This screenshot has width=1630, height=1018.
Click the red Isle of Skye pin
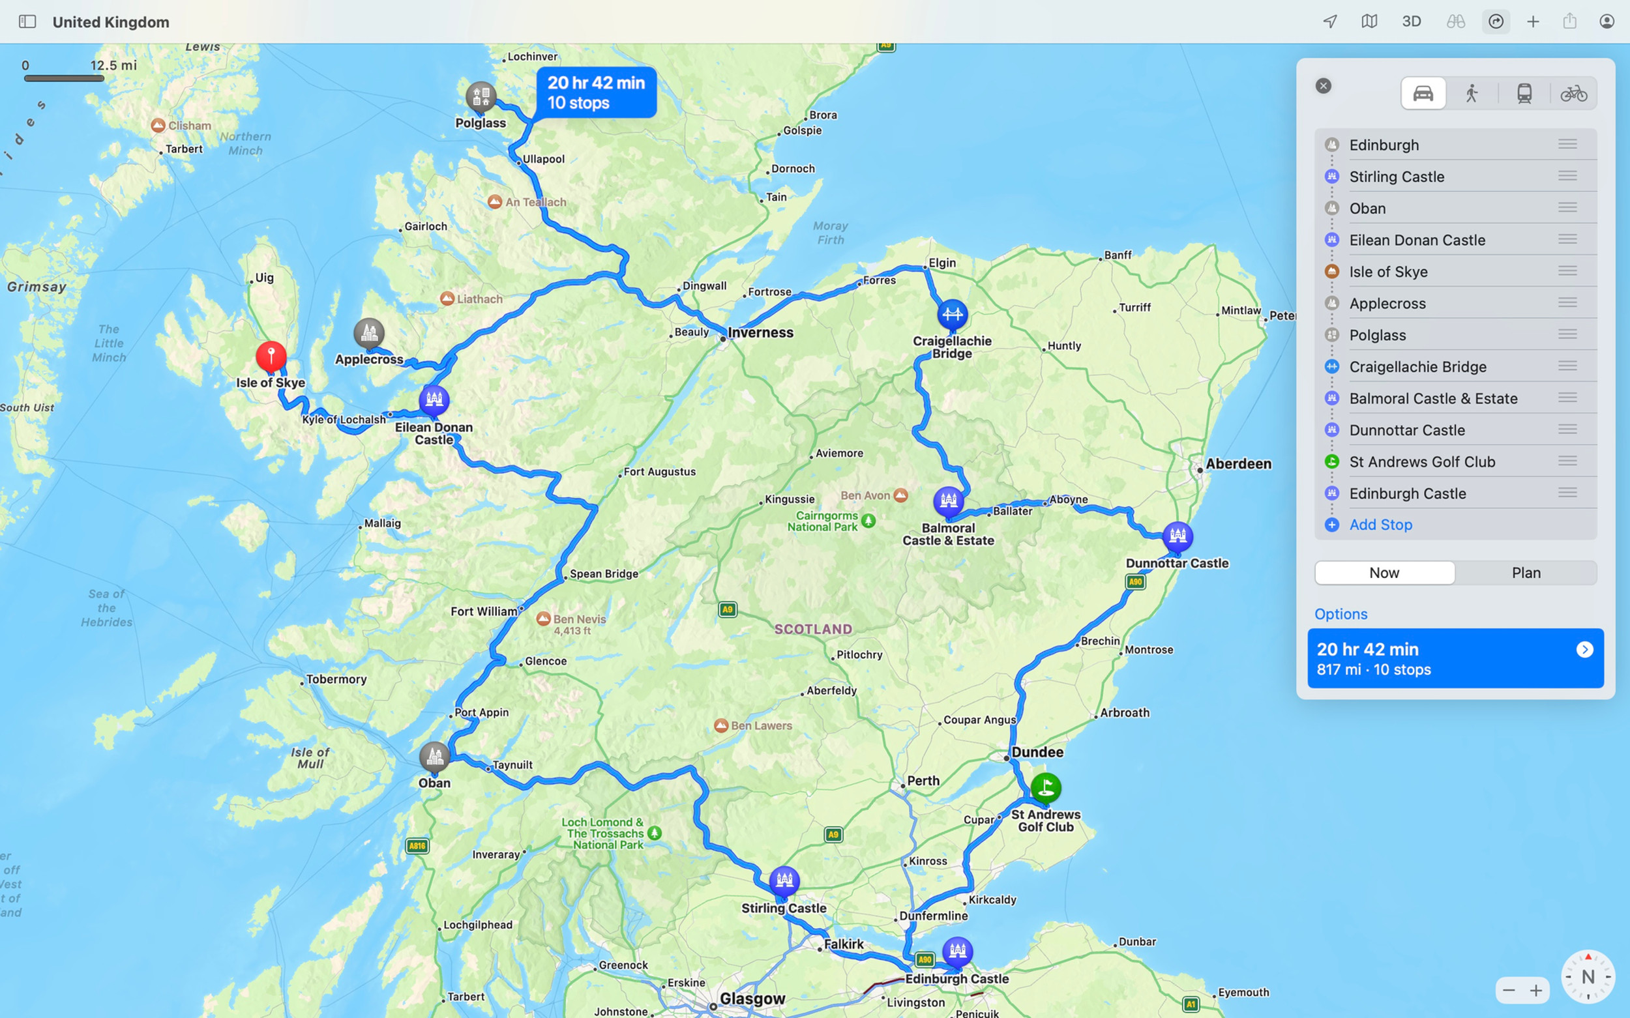tap(271, 356)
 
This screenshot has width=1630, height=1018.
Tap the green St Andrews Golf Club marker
tap(1045, 787)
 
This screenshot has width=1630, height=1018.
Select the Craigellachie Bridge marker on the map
tap(952, 314)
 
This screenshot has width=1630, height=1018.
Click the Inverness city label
tap(760, 332)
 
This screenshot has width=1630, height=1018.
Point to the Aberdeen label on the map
tap(1238, 464)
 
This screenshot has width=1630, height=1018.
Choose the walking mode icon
tap(1472, 94)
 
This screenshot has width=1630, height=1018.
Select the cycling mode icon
tap(1573, 94)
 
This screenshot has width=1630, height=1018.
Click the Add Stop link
tap(1380, 525)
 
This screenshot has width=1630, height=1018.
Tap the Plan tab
tap(1526, 573)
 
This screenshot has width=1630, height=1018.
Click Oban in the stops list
tap(1367, 209)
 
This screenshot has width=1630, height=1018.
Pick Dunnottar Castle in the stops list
tap(1406, 430)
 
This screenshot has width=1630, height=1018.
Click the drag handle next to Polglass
tap(1567, 334)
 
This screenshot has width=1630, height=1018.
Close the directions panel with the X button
tap(1324, 86)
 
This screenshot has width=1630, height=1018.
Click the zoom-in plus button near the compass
tap(1536, 991)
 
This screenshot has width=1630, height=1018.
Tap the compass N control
tap(1588, 976)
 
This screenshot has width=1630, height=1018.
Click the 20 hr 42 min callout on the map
tap(596, 93)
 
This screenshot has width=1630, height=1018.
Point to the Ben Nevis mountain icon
tap(544, 618)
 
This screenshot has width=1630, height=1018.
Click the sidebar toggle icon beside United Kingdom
tap(27, 22)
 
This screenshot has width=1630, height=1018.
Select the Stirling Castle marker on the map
tap(784, 880)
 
